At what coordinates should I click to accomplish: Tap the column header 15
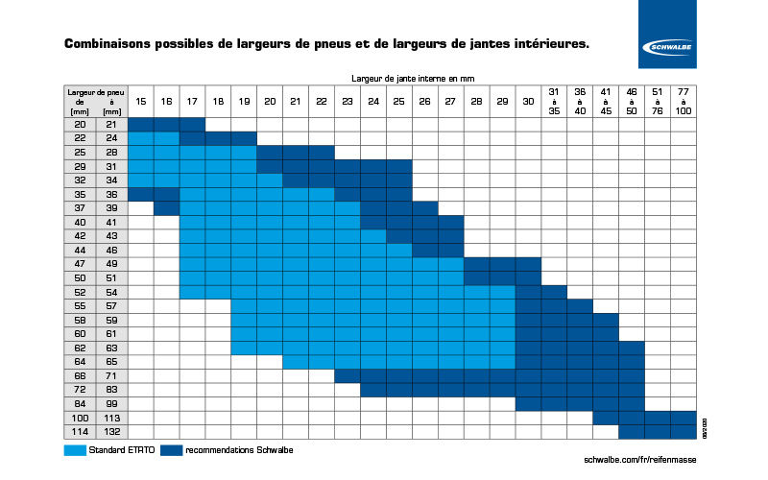140,101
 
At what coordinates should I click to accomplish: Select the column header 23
347,101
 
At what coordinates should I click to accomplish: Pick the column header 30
528,101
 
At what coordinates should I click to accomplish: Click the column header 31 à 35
554,101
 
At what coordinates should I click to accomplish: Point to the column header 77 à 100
683,101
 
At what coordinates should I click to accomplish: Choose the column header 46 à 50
631,101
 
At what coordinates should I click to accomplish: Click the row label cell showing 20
80,124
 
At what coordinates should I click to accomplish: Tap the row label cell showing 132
112,432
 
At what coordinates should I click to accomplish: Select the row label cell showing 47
80,262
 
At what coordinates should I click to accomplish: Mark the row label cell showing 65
112,362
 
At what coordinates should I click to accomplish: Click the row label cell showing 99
112,403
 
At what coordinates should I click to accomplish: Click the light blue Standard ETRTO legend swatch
76,449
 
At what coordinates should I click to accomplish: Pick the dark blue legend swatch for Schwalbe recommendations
173,449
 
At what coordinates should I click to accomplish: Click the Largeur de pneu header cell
96,101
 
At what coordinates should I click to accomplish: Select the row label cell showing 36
112,193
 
